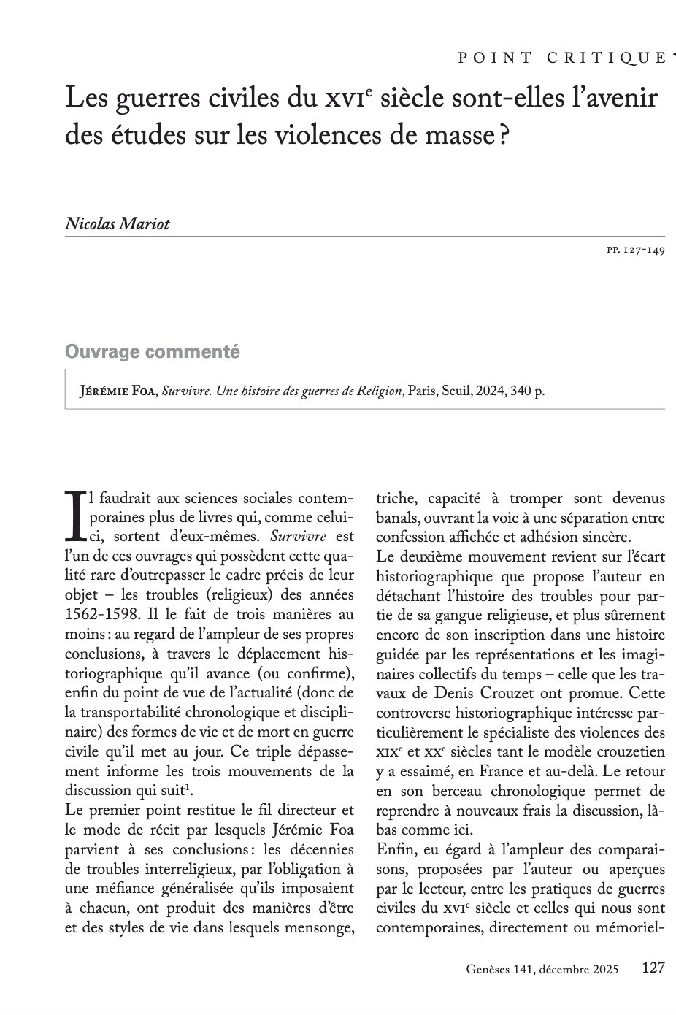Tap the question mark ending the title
503,134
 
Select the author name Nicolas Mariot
118,223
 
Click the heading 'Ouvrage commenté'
153,352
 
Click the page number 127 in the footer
653,968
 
